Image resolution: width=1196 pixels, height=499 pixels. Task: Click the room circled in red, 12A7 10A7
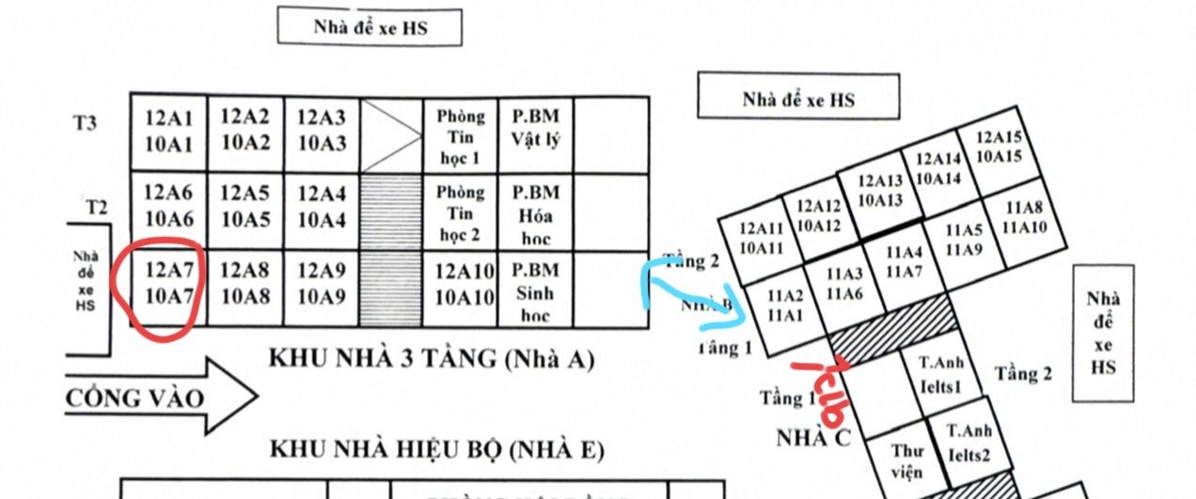point(168,288)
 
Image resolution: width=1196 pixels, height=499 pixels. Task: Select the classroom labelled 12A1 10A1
point(168,132)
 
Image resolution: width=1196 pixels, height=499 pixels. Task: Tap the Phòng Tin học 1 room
point(460,135)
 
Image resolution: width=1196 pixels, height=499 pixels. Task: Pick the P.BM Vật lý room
point(535,129)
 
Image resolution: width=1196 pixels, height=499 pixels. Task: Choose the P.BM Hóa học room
point(535,212)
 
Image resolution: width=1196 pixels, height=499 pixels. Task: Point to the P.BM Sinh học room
point(535,290)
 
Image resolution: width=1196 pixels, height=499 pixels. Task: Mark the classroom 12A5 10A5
point(244,207)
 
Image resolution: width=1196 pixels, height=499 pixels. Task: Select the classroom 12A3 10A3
point(322,131)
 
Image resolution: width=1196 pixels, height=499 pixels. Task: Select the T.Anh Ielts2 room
point(968,444)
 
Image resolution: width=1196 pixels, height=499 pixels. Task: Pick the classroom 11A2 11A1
point(785,305)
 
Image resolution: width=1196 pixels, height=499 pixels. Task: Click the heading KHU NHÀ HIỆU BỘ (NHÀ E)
point(436,448)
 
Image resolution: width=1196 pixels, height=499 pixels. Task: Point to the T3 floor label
point(86,123)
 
